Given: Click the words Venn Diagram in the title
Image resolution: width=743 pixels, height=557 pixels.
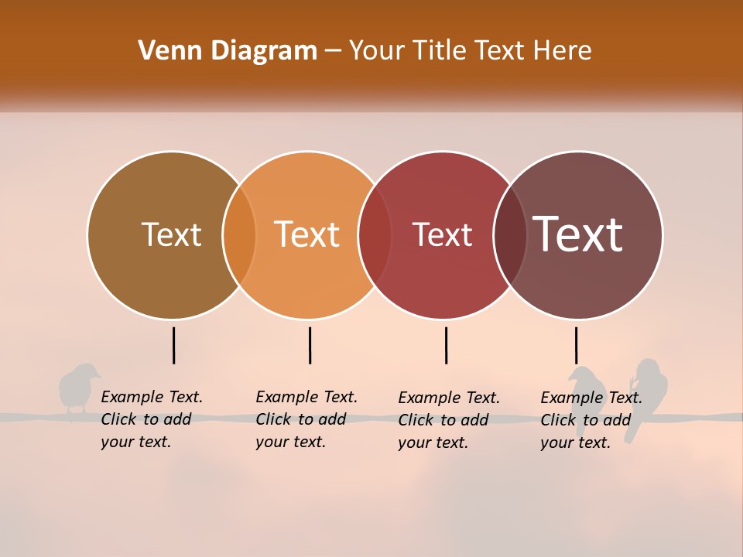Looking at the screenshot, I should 228,51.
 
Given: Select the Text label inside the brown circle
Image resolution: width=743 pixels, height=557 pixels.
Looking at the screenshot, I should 171,234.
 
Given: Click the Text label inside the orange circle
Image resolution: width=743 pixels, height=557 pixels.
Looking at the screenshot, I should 307,234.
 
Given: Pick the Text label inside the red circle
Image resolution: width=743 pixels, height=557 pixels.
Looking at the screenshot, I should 442,234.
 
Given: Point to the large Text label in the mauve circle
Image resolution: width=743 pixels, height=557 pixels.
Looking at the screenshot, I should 577,234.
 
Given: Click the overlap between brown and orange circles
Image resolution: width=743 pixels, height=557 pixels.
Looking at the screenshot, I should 239,235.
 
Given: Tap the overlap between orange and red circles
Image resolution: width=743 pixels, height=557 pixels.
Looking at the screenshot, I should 375,235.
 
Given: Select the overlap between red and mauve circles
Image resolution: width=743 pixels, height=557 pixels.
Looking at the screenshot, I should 510,235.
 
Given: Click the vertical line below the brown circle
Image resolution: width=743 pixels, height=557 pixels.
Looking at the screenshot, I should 173,345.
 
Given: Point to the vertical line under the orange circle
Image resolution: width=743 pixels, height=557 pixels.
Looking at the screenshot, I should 310,345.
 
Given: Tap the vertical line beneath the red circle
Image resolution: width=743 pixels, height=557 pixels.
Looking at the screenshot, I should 446,345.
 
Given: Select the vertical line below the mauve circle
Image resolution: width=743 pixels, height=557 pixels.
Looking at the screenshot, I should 576,345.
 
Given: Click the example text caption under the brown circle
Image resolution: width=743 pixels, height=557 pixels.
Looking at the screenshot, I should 151,419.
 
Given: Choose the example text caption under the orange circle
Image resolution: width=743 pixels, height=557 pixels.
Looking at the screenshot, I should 306,419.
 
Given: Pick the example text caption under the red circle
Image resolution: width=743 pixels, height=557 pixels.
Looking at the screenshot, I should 448,420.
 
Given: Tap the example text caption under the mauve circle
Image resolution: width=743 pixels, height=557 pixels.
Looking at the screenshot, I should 591,420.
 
